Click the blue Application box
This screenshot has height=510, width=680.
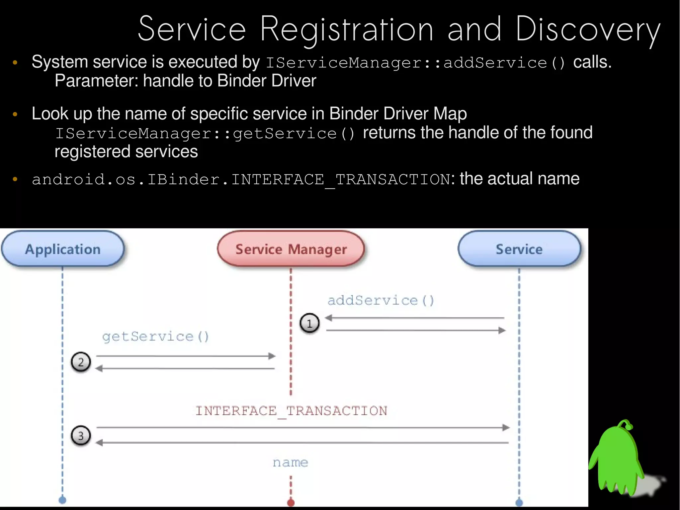pos(63,249)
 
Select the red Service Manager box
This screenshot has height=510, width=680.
pos(291,249)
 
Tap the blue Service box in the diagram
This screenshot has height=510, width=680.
pos(519,249)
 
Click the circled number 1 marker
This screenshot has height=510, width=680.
pos(309,323)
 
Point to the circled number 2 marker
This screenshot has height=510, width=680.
pos(81,362)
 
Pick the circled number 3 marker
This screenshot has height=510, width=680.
pos(81,436)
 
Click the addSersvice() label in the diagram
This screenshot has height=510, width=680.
pos(381,300)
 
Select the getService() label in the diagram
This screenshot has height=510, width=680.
pos(155,337)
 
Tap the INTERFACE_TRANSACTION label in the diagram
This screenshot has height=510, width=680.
pos(291,411)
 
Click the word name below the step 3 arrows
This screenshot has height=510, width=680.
pos(290,462)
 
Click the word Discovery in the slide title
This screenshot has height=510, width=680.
pos(588,30)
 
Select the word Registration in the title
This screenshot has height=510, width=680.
pos(347,30)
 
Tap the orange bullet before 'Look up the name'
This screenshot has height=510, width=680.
pos(15,114)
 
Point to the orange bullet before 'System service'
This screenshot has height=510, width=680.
pos(15,62)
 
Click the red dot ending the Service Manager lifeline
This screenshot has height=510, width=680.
pos(291,502)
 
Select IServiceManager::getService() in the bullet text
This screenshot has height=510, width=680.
pos(205,134)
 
